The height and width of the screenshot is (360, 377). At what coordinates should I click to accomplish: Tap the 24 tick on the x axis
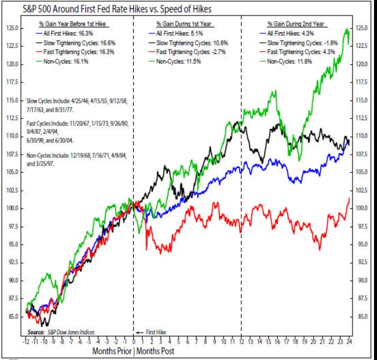click(x=349, y=342)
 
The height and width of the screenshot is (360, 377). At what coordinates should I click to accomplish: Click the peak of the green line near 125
click(x=347, y=29)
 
